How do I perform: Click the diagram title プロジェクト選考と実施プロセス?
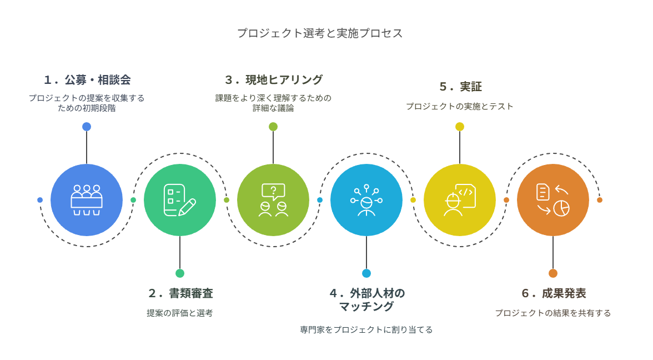coord(320,33)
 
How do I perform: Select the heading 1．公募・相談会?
coord(88,79)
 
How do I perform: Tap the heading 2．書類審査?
coord(181,293)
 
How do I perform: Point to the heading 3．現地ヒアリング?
coord(274,79)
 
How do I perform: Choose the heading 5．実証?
coord(461,87)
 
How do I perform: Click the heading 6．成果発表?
coord(554,293)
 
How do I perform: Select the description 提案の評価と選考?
coord(179,313)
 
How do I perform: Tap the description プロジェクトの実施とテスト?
coord(460,106)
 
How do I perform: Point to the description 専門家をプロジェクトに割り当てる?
coord(366,329)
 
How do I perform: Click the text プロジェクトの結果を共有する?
coord(552,313)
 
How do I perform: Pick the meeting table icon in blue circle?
coord(87,200)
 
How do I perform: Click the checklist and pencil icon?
coord(179,200)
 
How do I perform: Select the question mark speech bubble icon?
coord(273,200)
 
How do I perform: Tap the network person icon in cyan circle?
coord(366,200)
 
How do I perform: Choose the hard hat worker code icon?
coord(460,200)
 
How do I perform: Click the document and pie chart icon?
coord(553,200)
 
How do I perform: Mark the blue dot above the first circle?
coord(87,127)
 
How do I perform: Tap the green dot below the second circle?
coord(180,273)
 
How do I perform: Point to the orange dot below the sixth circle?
coord(553,273)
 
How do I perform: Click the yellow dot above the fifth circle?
coord(460,127)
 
